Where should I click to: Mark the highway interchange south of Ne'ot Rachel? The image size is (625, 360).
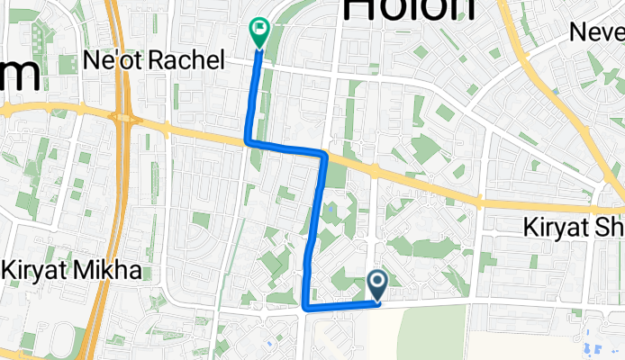124,118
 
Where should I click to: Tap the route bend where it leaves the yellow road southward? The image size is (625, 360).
322,155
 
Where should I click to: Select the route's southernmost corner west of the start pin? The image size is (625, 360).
307,308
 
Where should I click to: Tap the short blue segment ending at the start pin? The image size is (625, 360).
342,305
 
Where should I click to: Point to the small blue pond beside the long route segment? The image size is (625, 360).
332,210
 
